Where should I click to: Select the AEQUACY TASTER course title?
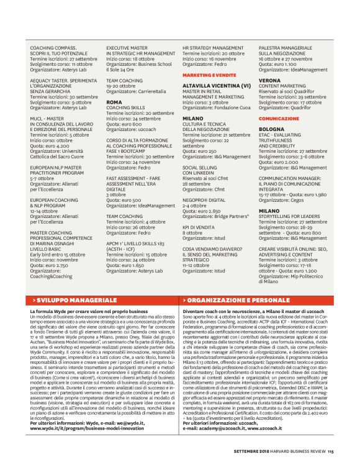click(63, 80)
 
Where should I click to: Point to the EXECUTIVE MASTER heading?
click(127, 47)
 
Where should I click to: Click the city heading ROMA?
click(114, 102)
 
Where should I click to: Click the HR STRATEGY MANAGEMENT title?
click(213, 47)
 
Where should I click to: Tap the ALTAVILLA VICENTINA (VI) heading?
click(217, 85)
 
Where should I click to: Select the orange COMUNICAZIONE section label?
click(279, 118)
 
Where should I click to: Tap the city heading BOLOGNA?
click(272, 129)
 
